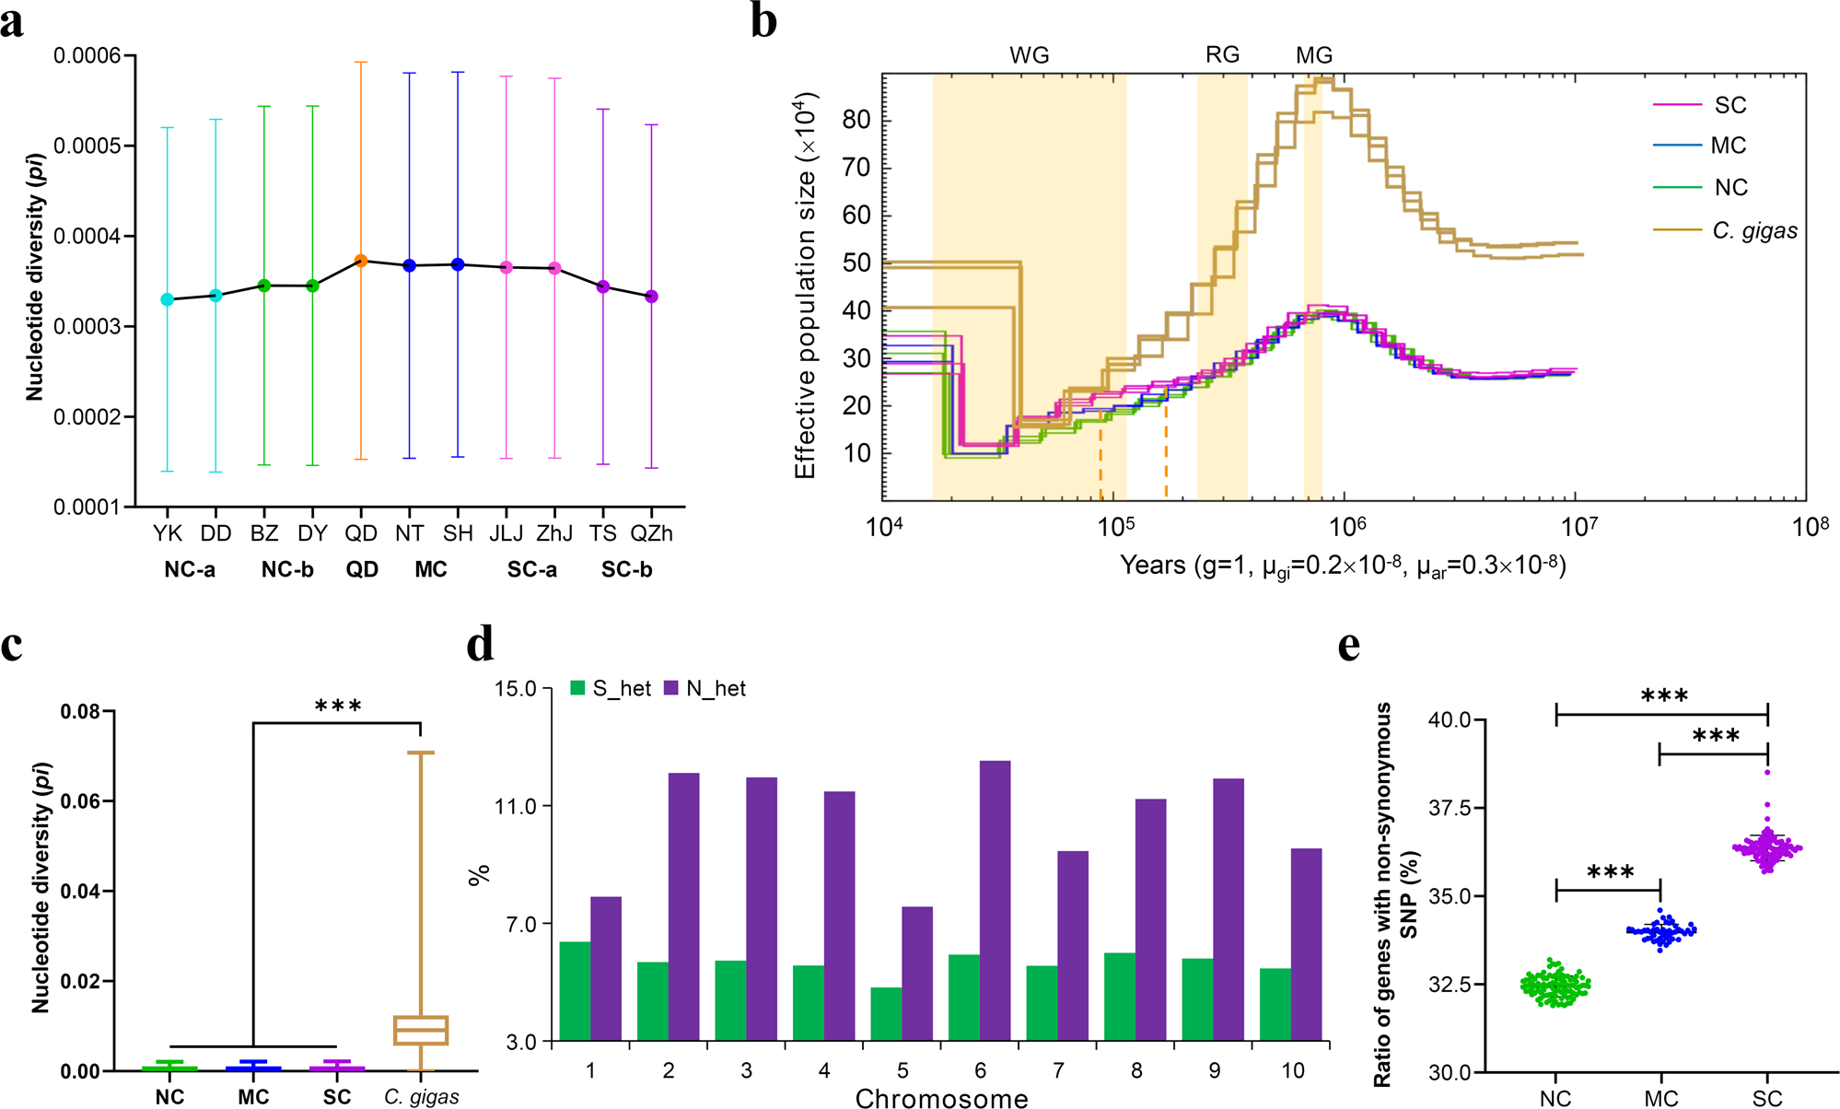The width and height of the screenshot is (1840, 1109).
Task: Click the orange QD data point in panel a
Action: (x=361, y=261)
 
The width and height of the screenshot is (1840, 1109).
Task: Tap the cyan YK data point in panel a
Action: (x=167, y=299)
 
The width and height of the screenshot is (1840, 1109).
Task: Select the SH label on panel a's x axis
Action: (x=458, y=533)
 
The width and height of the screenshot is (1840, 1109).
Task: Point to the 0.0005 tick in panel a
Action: (x=87, y=146)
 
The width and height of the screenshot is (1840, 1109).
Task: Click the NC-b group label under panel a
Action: (x=287, y=570)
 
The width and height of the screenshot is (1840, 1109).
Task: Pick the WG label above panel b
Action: (x=1029, y=55)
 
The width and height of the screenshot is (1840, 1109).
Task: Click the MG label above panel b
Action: (x=1313, y=55)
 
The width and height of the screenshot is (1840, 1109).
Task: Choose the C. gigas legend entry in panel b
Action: (x=1754, y=231)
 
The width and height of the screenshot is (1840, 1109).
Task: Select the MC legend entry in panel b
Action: (x=1728, y=146)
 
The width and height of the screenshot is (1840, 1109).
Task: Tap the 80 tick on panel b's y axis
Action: (x=856, y=120)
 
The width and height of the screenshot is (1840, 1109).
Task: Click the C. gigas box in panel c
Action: (x=421, y=1030)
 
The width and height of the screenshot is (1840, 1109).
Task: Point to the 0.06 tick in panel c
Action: (x=80, y=801)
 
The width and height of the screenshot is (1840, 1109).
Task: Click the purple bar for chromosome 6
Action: (x=995, y=900)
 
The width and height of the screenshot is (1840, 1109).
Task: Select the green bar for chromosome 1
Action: (x=575, y=991)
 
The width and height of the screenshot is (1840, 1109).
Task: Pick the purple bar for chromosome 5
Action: (x=917, y=974)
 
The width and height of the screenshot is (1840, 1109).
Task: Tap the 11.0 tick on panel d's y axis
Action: (x=516, y=807)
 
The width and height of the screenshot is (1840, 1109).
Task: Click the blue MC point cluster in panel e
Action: (x=1661, y=931)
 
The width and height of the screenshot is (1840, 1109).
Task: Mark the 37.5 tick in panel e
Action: (x=1450, y=808)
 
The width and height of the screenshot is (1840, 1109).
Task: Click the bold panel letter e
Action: (x=1349, y=647)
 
